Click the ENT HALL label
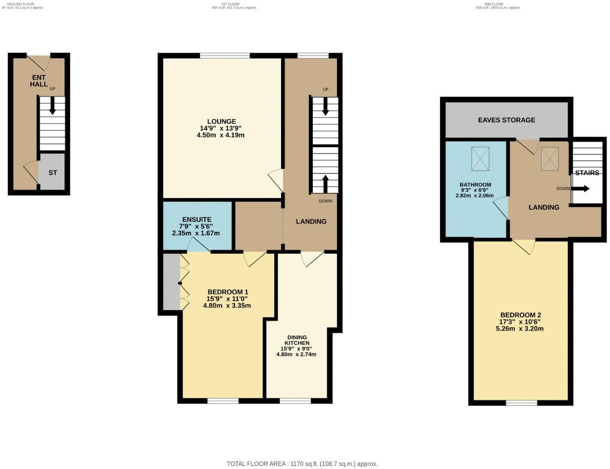(39, 81)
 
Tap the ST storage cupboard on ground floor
(52, 172)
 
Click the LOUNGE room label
(221, 121)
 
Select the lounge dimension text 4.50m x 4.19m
(221, 135)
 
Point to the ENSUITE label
(197, 220)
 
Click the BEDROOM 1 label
(227, 292)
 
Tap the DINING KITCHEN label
(297, 340)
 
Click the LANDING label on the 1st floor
(311, 221)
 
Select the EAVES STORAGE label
(506, 120)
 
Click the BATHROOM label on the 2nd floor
(475, 184)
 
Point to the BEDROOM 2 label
(520, 315)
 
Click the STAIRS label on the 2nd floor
(587, 173)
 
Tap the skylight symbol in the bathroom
(480, 159)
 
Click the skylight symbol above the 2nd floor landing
(550, 159)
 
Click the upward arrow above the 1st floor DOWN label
(325, 183)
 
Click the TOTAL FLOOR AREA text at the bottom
(302, 464)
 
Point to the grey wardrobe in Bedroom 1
(171, 282)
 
